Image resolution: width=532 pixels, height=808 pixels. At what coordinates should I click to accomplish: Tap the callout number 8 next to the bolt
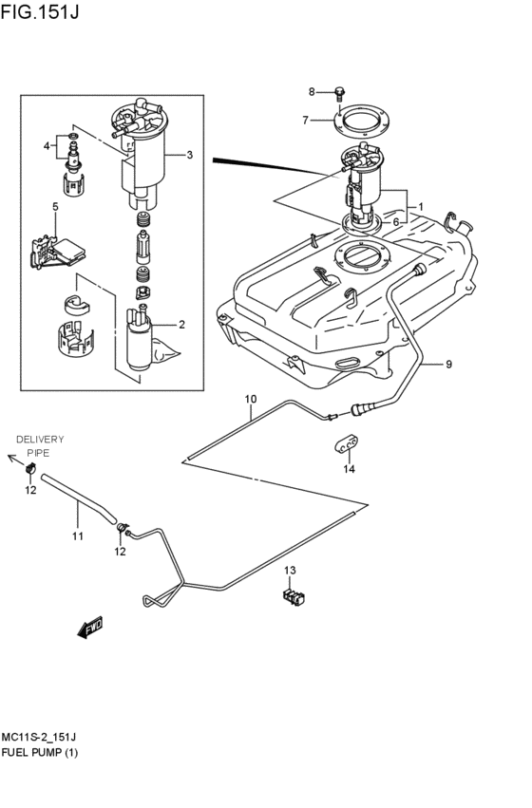[311, 91]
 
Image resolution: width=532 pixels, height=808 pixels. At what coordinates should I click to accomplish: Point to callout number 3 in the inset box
[189, 155]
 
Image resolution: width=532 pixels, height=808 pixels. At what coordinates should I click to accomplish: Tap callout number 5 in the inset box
[55, 206]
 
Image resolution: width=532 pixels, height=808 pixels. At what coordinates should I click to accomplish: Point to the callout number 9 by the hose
[448, 364]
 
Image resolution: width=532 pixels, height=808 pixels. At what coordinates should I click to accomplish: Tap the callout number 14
[349, 469]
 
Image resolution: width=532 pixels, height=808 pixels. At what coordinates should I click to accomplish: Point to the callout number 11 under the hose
[78, 536]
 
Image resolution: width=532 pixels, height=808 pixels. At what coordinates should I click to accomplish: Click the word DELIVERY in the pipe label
[40, 439]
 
